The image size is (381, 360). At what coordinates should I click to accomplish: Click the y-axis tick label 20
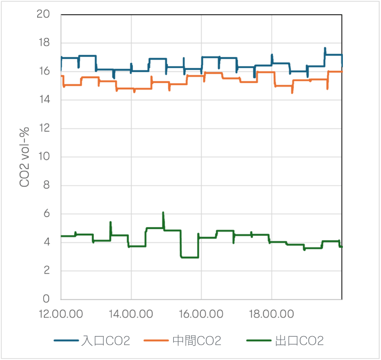(x=43, y=14)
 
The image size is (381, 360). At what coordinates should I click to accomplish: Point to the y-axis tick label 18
(x=43, y=43)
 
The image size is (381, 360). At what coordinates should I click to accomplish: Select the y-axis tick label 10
(x=43, y=157)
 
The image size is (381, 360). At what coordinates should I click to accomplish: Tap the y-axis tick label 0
(x=46, y=299)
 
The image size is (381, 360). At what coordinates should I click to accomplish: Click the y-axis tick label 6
(x=46, y=214)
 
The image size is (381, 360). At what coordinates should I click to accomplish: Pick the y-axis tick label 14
(x=43, y=100)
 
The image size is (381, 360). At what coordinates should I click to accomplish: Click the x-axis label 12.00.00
(x=61, y=314)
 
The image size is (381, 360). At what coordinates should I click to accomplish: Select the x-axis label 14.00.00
(x=131, y=314)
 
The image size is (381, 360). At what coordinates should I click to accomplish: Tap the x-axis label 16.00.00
(x=201, y=314)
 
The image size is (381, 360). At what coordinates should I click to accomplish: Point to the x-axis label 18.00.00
(x=271, y=314)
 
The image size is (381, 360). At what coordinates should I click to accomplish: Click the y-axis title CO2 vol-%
(x=27, y=157)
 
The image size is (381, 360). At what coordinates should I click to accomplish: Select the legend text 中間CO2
(x=197, y=340)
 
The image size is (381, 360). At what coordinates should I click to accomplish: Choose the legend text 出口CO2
(x=300, y=340)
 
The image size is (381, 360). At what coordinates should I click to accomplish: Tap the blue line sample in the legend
(x=66, y=340)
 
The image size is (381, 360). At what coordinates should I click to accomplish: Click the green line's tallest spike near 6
(x=163, y=213)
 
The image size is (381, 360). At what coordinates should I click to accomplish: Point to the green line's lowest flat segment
(x=190, y=257)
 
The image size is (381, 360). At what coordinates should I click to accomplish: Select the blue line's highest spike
(x=325, y=48)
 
